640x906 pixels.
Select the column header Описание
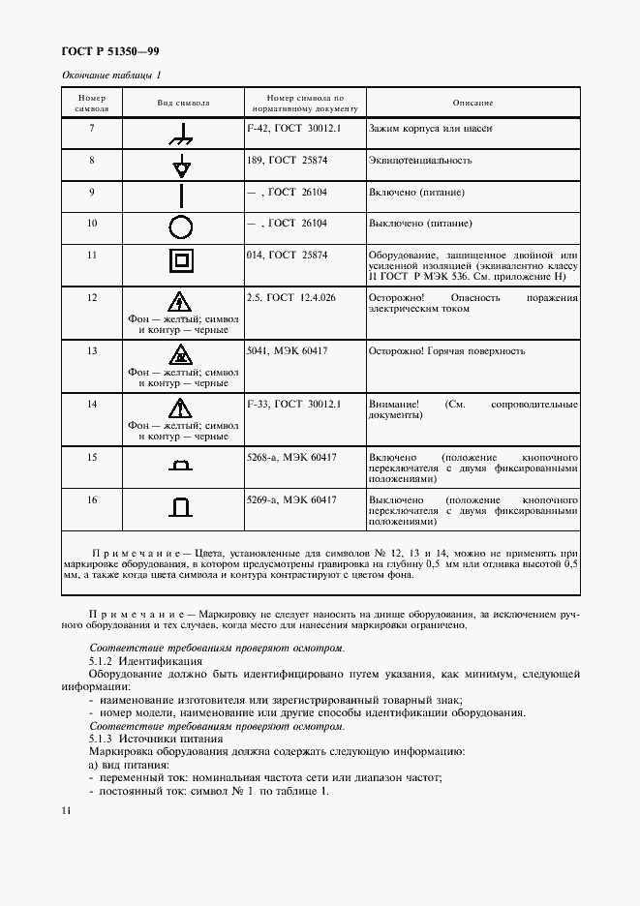tap(473, 103)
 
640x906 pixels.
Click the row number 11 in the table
tap(92, 255)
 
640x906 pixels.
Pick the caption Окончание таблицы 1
tap(111, 75)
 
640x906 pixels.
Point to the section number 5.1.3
tap(102, 739)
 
